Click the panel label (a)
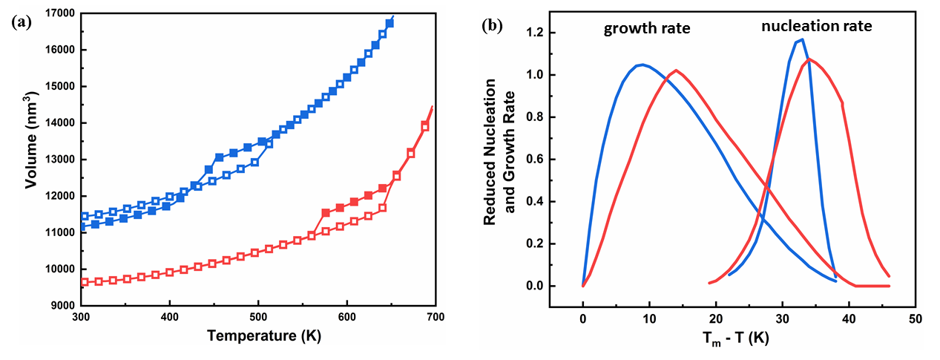click(22, 23)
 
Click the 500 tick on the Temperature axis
click(258, 315)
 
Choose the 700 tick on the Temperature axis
click(435, 315)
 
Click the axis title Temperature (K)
click(257, 335)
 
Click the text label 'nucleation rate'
click(816, 27)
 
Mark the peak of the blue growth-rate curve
click(642, 65)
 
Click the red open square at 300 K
click(85, 282)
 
